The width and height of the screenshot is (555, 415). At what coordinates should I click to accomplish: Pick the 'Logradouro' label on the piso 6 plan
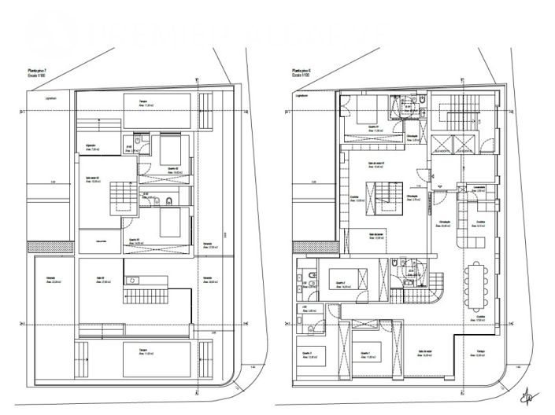tap(300, 97)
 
